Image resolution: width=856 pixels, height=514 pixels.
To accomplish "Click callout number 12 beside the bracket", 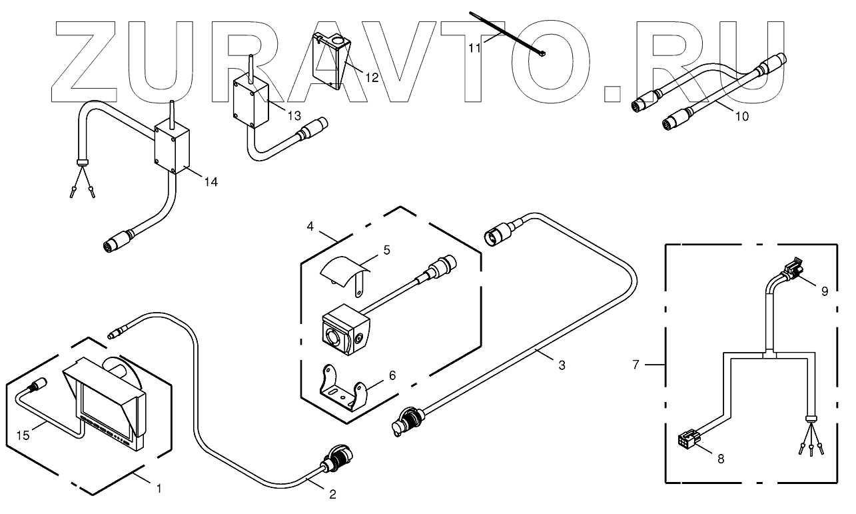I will pos(371,77).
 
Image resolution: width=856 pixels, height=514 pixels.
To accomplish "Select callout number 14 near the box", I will pos(210,181).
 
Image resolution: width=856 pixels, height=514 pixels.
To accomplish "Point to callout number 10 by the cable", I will pos(741,115).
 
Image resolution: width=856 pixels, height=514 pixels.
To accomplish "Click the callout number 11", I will pos(473,48).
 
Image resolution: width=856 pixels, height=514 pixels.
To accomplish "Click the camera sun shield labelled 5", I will pos(344,272).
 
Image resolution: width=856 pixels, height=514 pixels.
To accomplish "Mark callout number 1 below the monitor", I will pos(159,488).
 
